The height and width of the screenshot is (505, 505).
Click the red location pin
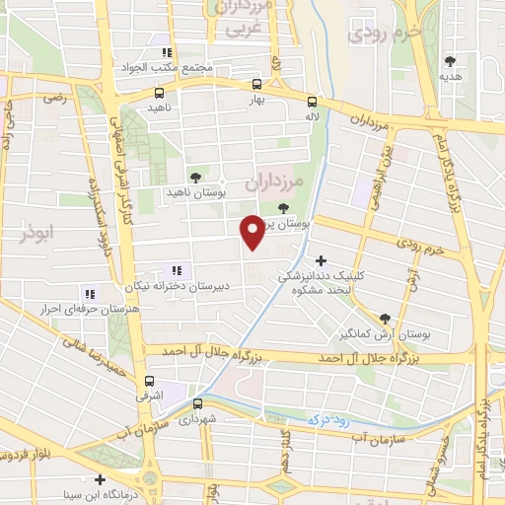pyautogui.click(x=253, y=232)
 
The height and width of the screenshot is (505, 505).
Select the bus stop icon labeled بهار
pyautogui.click(x=256, y=85)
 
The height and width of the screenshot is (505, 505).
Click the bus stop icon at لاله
pyautogui.click(x=312, y=101)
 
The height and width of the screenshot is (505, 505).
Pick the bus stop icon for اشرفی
pyautogui.click(x=149, y=382)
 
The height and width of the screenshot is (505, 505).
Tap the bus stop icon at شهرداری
pyautogui.click(x=197, y=403)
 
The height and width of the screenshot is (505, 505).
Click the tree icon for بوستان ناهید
pyautogui.click(x=193, y=177)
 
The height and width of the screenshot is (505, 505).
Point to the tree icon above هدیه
pyautogui.click(x=451, y=61)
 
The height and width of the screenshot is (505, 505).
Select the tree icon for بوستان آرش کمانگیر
pyautogui.click(x=384, y=317)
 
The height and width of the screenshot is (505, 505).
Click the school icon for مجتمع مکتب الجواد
pyautogui.click(x=168, y=52)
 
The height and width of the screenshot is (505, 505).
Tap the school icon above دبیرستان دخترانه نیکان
pyautogui.click(x=178, y=270)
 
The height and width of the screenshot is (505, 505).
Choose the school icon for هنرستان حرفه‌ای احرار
pyautogui.click(x=90, y=294)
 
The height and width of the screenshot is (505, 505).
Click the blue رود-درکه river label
pyautogui.click(x=325, y=420)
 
